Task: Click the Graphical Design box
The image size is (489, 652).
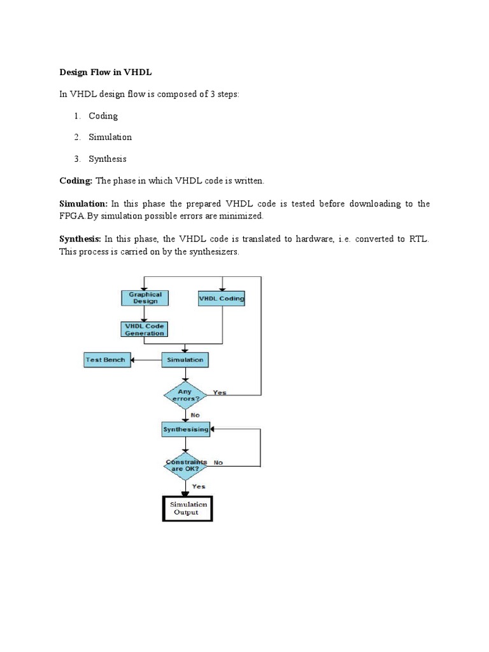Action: [x=145, y=298]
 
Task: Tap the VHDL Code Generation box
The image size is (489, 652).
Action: [x=145, y=329]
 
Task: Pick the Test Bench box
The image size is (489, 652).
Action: [x=106, y=360]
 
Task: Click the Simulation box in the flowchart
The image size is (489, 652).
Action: [x=185, y=360]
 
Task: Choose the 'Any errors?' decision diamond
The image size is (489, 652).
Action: [x=185, y=395]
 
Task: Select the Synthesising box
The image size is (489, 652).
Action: [x=185, y=430]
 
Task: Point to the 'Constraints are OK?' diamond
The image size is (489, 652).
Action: [x=185, y=465]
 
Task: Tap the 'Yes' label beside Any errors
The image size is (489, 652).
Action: [x=220, y=392]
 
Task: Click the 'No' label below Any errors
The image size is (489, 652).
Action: [x=195, y=415]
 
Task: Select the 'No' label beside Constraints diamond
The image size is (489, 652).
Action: [x=218, y=462]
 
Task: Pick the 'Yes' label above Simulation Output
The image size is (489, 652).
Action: [x=199, y=486]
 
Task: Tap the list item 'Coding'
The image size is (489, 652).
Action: [x=103, y=116]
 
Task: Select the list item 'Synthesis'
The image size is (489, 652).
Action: [x=108, y=159]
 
